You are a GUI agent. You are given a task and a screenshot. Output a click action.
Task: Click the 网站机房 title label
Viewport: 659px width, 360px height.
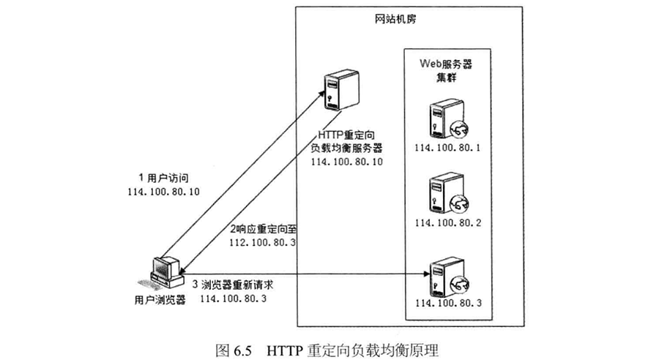tap(395, 19)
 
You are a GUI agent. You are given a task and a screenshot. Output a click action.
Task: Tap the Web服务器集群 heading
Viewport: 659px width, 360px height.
tap(446, 70)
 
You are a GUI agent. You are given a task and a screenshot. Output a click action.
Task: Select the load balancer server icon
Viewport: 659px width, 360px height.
tap(341, 90)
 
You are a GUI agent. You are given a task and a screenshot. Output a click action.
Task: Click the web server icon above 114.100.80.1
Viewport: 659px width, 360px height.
tap(448, 119)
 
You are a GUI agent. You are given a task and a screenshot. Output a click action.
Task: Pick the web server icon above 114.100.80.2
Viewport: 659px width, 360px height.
tap(448, 195)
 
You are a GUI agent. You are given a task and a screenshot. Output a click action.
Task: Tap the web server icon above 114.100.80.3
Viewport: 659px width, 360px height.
tap(448, 277)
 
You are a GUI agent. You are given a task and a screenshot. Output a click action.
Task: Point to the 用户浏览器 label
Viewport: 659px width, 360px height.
tap(160, 300)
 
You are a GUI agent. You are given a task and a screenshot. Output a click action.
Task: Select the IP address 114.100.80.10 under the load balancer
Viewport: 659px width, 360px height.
tap(347, 162)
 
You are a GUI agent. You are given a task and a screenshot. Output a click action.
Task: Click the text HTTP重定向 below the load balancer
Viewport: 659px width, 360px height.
tap(346, 135)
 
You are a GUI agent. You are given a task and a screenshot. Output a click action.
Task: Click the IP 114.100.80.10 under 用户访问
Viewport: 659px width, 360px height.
tap(163, 192)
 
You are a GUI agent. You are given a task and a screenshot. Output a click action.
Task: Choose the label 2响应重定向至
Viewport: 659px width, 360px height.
tap(264, 229)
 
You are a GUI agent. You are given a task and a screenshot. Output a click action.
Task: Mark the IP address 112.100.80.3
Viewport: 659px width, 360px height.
tap(262, 243)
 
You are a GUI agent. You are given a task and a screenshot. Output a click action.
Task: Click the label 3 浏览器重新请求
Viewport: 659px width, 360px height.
tap(233, 285)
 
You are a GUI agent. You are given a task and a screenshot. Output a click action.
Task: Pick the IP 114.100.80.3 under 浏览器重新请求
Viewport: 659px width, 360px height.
tap(234, 299)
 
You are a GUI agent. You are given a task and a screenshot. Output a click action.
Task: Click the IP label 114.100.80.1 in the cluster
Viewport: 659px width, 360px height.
tap(447, 148)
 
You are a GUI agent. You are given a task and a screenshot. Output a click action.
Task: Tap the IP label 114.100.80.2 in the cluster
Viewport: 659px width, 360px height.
tap(447, 223)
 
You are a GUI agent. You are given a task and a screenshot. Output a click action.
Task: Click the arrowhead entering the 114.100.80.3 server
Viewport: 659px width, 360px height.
tap(427, 274)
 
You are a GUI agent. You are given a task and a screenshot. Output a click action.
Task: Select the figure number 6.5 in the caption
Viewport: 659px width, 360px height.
tap(242, 350)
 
